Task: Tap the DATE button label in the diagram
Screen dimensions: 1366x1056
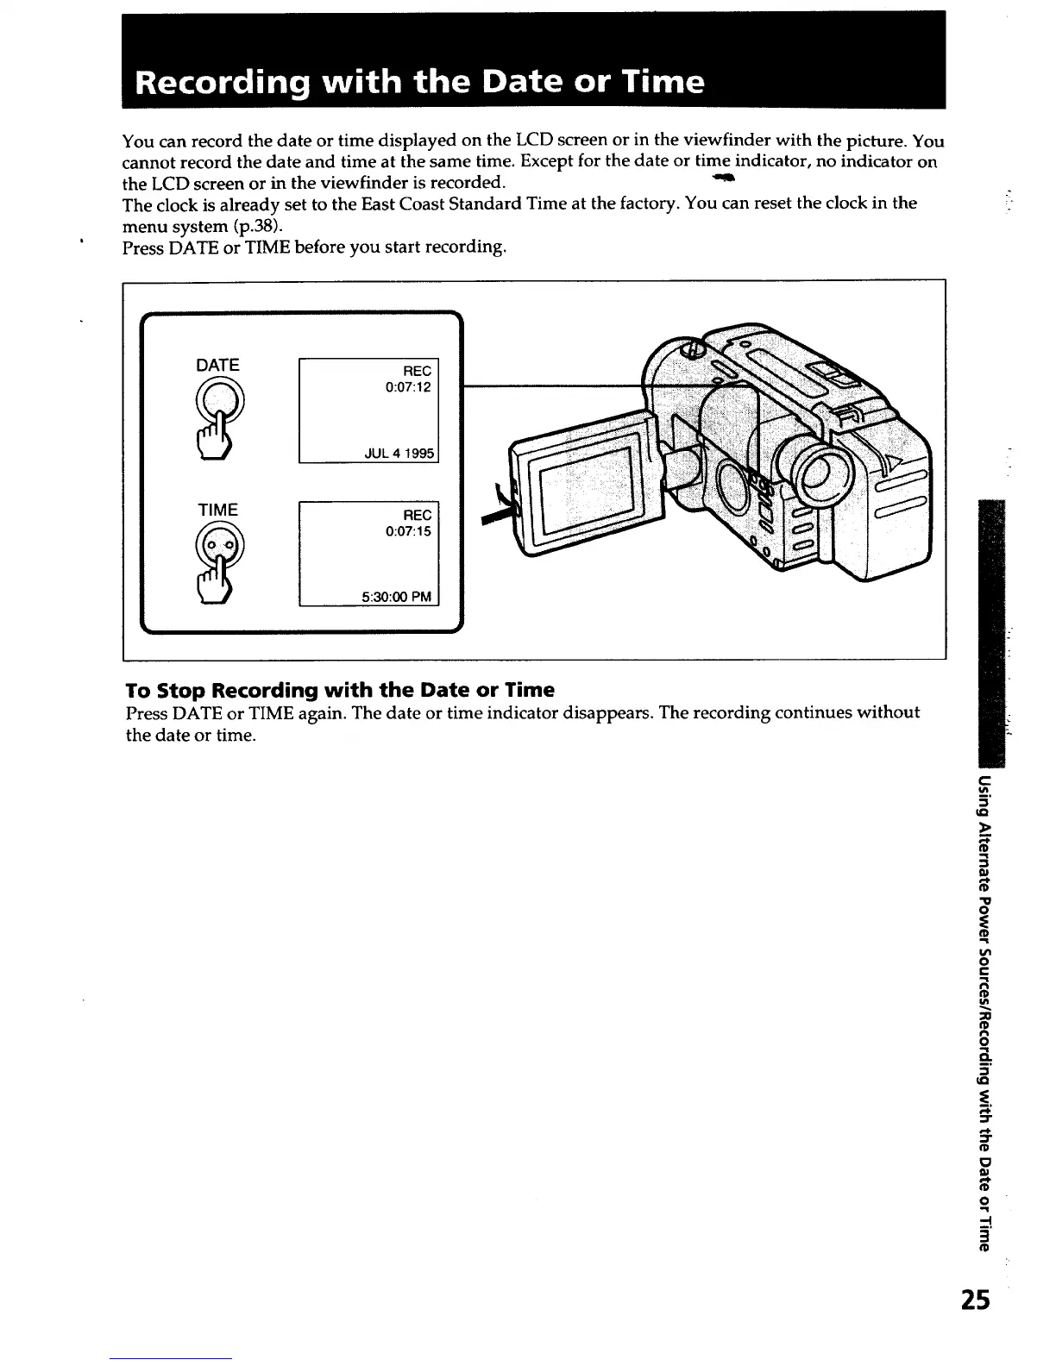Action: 217,365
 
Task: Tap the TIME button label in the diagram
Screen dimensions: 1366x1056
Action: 217,510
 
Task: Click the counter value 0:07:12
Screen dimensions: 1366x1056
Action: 408,387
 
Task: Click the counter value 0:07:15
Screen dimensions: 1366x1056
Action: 408,531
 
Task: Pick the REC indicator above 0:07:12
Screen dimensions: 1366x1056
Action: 417,371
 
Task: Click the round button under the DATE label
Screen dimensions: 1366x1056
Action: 220,402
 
